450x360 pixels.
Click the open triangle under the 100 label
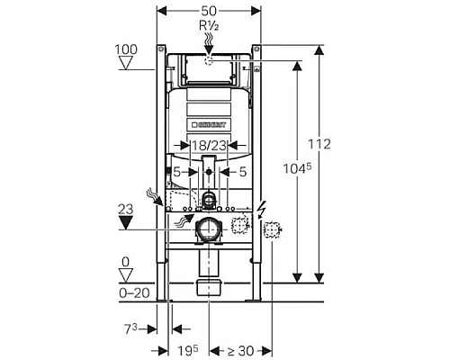click(126, 64)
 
